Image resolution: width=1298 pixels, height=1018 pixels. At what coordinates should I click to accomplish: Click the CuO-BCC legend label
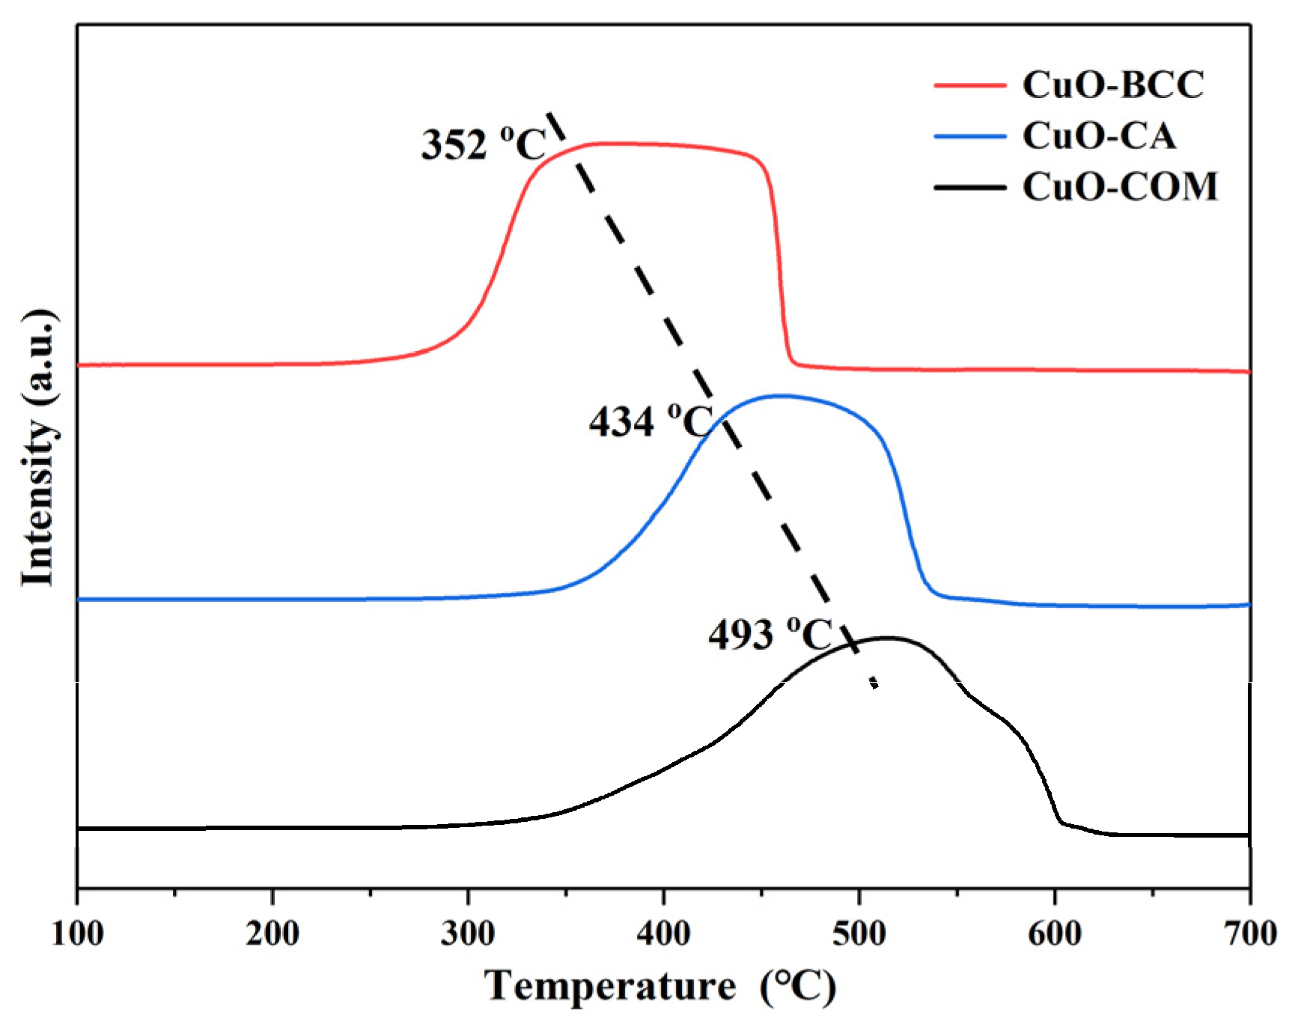(x=1112, y=85)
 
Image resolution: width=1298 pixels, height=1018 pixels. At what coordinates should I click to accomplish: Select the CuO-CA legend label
(x=1099, y=136)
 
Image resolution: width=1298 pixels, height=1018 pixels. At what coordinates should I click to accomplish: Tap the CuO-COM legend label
(x=1120, y=186)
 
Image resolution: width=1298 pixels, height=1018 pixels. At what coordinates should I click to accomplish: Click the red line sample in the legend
(x=969, y=85)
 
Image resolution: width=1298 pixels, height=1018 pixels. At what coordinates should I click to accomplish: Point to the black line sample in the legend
(x=969, y=187)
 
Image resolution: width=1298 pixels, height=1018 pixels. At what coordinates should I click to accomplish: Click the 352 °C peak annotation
(x=484, y=144)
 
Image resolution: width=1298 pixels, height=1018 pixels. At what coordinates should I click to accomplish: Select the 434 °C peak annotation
(x=650, y=421)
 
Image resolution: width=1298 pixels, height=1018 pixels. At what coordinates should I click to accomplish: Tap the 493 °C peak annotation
(x=770, y=635)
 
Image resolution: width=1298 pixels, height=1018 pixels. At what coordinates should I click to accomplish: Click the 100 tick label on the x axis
(x=77, y=933)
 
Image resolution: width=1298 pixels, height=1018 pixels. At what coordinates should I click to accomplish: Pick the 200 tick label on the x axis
(x=272, y=933)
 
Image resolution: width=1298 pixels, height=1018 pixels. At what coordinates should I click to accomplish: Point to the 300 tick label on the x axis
(x=468, y=933)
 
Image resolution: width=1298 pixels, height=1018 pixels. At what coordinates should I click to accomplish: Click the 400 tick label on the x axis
(x=663, y=933)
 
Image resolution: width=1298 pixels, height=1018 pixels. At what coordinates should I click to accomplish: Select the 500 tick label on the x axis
(x=859, y=933)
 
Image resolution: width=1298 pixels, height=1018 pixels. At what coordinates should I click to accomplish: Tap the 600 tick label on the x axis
(x=1055, y=933)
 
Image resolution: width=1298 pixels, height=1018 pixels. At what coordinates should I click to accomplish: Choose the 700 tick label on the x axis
(x=1249, y=933)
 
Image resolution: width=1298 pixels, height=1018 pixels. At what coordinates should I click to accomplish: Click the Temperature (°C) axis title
(x=659, y=987)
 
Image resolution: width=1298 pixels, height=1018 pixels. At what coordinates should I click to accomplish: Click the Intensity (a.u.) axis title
(x=38, y=447)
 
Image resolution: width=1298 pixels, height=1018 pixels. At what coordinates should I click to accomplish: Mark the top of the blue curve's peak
(x=781, y=395)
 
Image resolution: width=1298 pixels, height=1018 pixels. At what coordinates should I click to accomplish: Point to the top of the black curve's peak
(x=888, y=638)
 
